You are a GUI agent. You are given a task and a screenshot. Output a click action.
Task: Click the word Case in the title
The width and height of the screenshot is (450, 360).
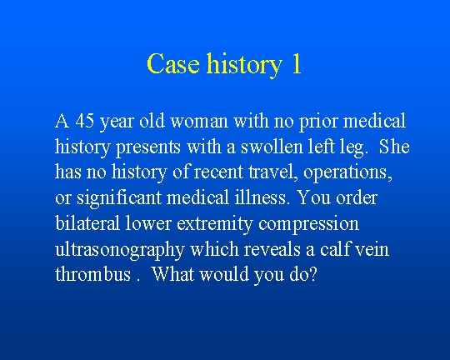click(x=173, y=63)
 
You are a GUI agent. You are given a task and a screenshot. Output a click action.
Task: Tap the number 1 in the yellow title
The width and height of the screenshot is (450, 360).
click(x=296, y=63)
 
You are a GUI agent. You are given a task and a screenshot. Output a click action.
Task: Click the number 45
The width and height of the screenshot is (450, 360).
click(x=85, y=121)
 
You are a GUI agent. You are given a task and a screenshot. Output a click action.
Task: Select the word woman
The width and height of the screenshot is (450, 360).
click(x=199, y=121)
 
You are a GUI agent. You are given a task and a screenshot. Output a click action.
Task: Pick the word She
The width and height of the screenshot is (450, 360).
click(x=394, y=147)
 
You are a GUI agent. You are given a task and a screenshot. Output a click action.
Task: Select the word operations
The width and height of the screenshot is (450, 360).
click(x=347, y=173)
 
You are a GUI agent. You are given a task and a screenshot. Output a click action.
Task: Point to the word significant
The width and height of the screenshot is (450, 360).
click(x=119, y=199)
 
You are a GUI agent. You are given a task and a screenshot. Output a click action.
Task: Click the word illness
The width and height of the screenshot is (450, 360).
click(x=261, y=197)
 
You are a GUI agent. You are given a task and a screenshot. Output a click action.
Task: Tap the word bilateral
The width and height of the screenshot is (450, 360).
click(x=87, y=223)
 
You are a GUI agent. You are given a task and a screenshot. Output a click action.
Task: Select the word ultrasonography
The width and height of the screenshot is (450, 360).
click(x=119, y=250)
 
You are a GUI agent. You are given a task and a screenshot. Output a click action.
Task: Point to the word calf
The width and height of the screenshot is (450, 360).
click(x=336, y=249)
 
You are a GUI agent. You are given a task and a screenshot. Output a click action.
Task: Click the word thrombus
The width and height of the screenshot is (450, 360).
click(x=92, y=274)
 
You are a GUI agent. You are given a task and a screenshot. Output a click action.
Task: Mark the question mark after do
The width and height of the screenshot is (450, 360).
click(x=312, y=274)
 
